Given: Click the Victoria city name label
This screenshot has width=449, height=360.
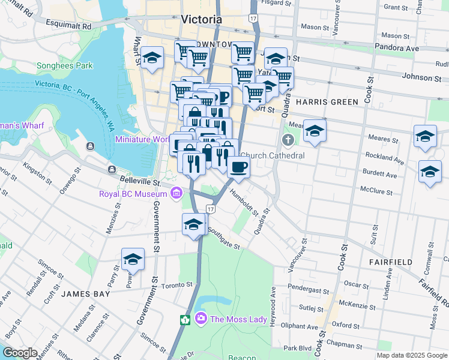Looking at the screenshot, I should pos(201,19).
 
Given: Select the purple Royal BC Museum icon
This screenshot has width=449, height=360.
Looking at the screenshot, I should pos(176,193).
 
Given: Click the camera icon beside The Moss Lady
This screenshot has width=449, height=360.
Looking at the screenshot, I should pos(200,319).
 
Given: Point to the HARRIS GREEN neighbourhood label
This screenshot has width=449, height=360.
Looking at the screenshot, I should pos(327,102).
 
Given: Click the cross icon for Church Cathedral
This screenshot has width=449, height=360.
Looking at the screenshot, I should pos(288,141).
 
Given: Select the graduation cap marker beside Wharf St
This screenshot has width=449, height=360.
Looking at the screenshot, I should pos(152,58).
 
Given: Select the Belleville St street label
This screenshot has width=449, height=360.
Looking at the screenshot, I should pos(139,180).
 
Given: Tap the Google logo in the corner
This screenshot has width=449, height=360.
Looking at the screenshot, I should pos(20,352).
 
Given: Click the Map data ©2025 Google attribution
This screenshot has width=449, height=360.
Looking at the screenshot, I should pos(412,355).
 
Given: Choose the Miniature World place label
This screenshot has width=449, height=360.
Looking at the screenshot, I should pos(142,139).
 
